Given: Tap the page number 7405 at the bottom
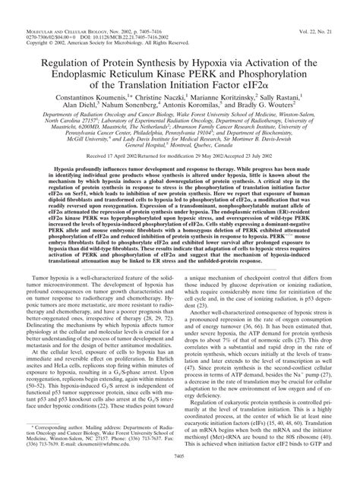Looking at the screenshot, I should (x=180, y=474).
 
